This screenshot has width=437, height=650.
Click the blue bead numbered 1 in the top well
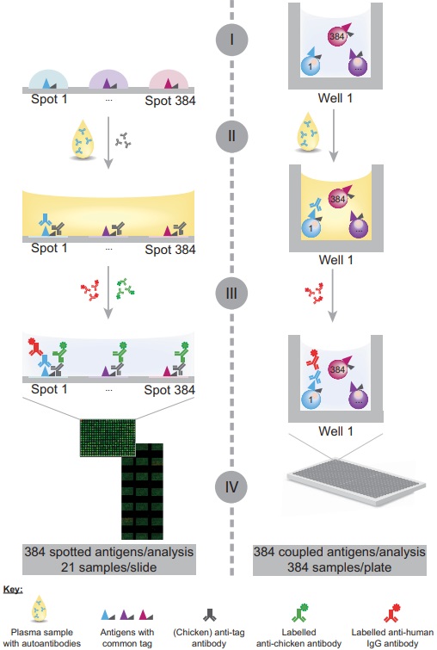[306, 64]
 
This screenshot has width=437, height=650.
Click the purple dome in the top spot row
[110, 79]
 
